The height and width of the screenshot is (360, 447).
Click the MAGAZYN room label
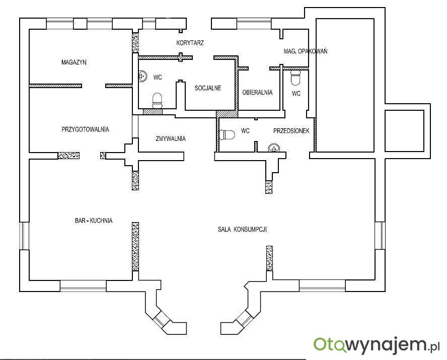(x=74, y=62)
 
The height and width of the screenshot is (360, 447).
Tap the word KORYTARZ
(x=190, y=43)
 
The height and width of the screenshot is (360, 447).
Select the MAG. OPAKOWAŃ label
(x=306, y=51)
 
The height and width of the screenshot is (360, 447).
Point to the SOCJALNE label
(x=208, y=88)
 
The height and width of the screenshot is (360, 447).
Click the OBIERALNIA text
(x=257, y=92)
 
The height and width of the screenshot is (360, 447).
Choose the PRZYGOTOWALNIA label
(x=85, y=129)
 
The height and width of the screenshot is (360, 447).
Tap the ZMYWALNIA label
(x=171, y=138)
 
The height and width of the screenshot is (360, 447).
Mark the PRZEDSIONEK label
(x=291, y=131)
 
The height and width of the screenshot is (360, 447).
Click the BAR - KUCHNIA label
(x=94, y=221)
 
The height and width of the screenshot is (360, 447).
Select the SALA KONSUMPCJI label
(x=242, y=230)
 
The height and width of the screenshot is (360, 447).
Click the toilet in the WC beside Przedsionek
(x=227, y=135)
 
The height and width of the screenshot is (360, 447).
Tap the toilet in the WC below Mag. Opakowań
(x=295, y=78)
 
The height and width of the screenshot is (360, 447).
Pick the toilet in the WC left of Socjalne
(x=157, y=101)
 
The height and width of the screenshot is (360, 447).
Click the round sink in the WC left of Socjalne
(x=142, y=76)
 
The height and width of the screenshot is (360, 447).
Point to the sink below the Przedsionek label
(x=273, y=148)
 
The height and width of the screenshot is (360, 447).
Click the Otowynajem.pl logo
(x=377, y=345)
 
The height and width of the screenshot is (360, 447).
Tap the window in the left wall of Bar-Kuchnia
(x=24, y=236)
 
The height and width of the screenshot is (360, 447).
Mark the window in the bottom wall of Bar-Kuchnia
(x=83, y=286)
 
